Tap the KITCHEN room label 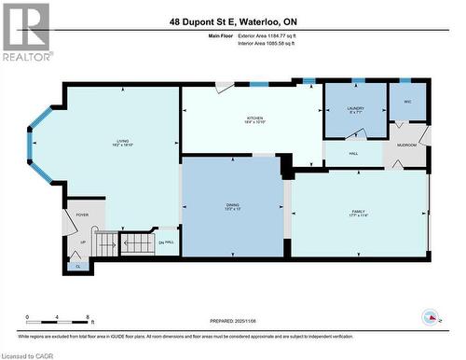254,119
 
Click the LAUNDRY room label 355,108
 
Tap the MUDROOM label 406,145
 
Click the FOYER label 82,215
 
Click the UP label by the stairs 82,242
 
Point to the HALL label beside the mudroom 354,154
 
